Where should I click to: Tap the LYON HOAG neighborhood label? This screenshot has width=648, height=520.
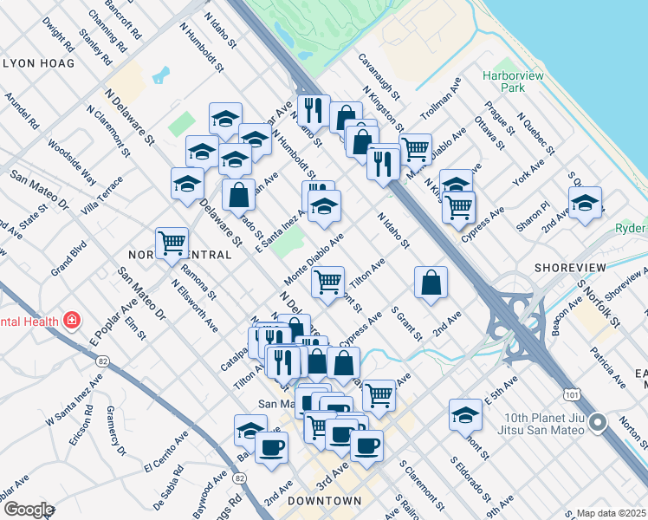[x=39, y=63]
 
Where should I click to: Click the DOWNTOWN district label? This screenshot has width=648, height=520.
[x=324, y=501]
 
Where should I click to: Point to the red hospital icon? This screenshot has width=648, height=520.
[x=72, y=321]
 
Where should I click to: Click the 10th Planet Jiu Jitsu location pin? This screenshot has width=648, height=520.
[x=597, y=423]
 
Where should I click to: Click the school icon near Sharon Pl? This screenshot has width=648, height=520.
[x=586, y=204]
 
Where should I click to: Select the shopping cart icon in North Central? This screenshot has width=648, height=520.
[x=172, y=243]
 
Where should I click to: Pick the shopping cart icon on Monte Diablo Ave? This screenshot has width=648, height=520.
[x=327, y=281]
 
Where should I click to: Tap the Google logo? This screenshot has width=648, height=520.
[x=28, y=510]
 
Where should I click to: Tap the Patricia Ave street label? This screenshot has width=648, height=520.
[x=608, y=367]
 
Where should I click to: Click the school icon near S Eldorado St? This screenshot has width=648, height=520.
[x=466, y=414]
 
